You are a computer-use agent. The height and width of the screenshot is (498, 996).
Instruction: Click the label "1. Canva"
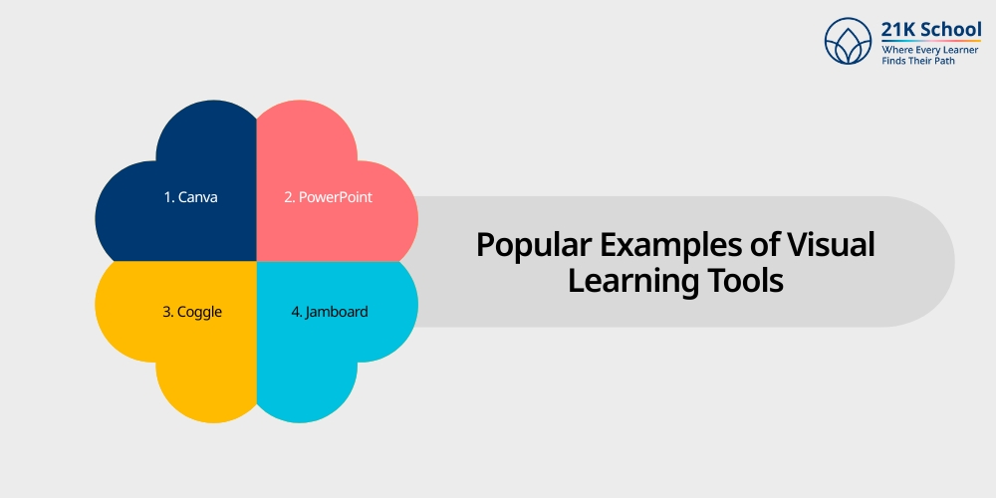190,197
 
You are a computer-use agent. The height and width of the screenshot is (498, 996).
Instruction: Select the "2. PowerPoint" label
328,197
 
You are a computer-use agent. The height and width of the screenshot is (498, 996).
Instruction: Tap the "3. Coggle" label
191,312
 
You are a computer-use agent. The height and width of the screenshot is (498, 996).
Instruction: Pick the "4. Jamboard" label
329,312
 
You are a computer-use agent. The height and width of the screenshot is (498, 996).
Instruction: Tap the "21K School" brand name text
930,30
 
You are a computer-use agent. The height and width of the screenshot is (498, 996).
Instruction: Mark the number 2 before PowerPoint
288,197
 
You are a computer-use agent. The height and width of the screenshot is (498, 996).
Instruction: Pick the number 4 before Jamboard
295,312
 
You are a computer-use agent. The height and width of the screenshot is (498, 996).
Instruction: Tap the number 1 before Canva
167,197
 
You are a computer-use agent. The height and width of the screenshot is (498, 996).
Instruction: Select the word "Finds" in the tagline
894,61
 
